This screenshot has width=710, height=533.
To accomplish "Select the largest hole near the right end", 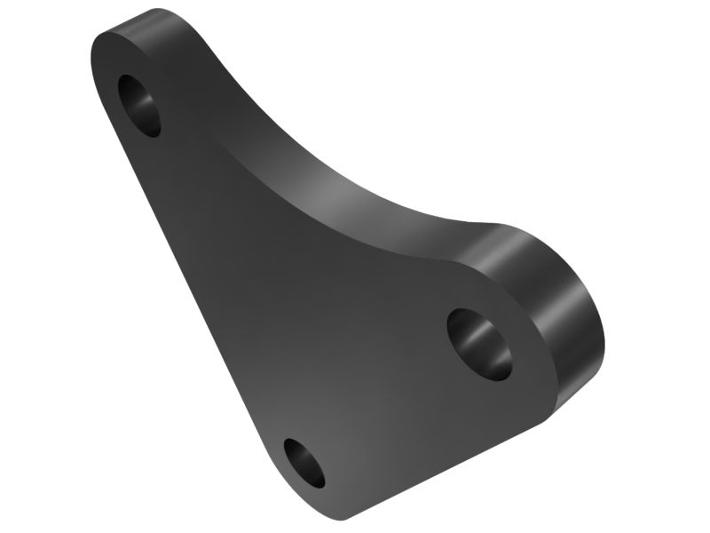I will pyautogui.click(x=479, y=342).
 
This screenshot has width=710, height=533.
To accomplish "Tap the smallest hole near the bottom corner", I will pyautogui.click(x=304, y=463).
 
